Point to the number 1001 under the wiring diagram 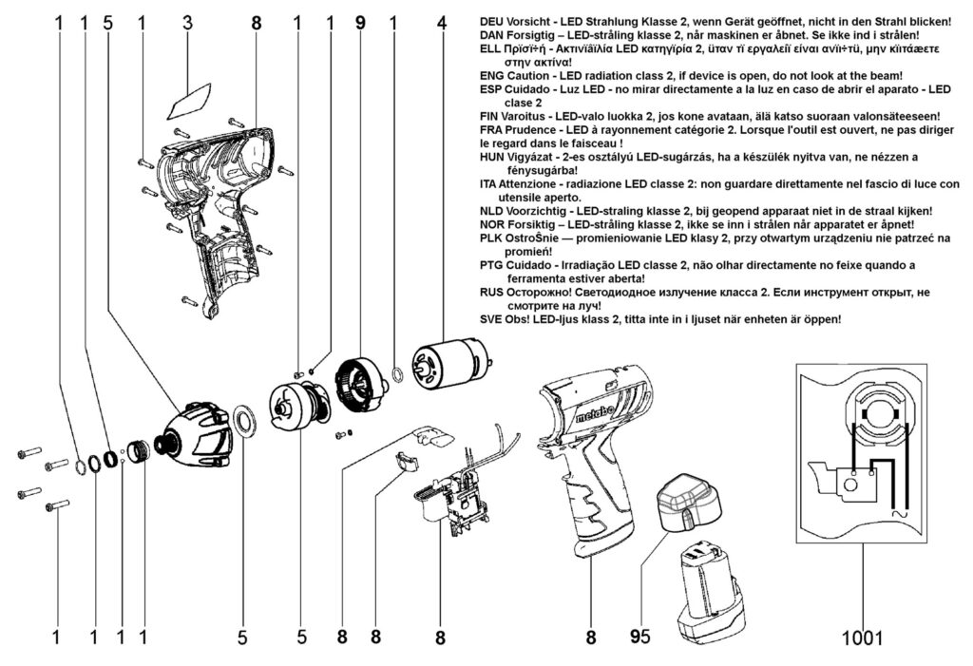(862, 638)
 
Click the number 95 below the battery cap (639, 638)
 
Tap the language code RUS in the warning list (492, 293)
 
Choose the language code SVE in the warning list (492, 320)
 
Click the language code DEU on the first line (492, 21)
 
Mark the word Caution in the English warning (529, 75)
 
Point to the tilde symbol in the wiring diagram (893, 512)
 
